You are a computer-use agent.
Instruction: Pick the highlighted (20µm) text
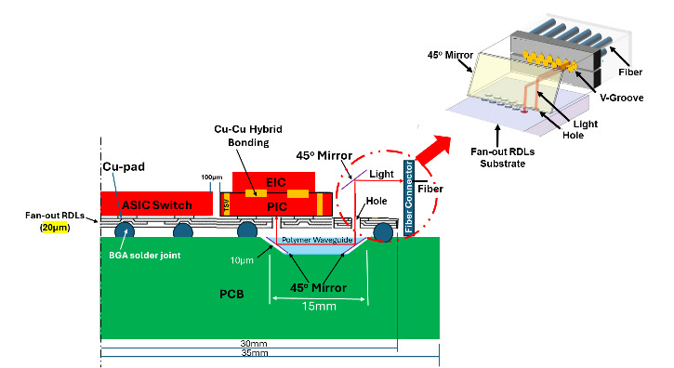47,224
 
